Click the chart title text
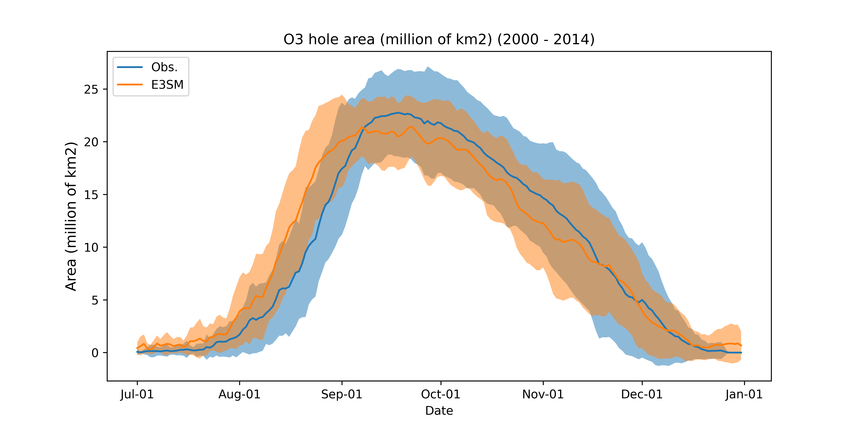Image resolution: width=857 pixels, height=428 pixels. [x=439, y=40]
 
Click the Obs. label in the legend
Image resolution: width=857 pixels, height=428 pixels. [x=164, y=67]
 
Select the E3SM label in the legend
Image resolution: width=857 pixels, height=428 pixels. [x=167, y=85]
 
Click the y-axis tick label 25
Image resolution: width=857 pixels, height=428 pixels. [x=91, y=89]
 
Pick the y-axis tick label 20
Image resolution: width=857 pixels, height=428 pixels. [x=91, y=142]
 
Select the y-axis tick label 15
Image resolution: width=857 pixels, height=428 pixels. [x=91, y=195]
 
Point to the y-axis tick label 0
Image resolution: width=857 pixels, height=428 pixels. [x=95, y=353]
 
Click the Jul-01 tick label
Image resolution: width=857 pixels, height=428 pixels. [x=137, y=394]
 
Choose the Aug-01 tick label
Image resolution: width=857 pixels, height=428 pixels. [x=239, y=394]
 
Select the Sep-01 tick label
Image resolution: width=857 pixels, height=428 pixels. [x=342, y=394]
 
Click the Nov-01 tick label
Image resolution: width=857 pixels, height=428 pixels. [x=543, y=394]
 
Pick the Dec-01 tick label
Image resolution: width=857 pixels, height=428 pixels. [x=642, y=394]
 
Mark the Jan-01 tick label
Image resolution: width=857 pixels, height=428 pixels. [x=744, y=394]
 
